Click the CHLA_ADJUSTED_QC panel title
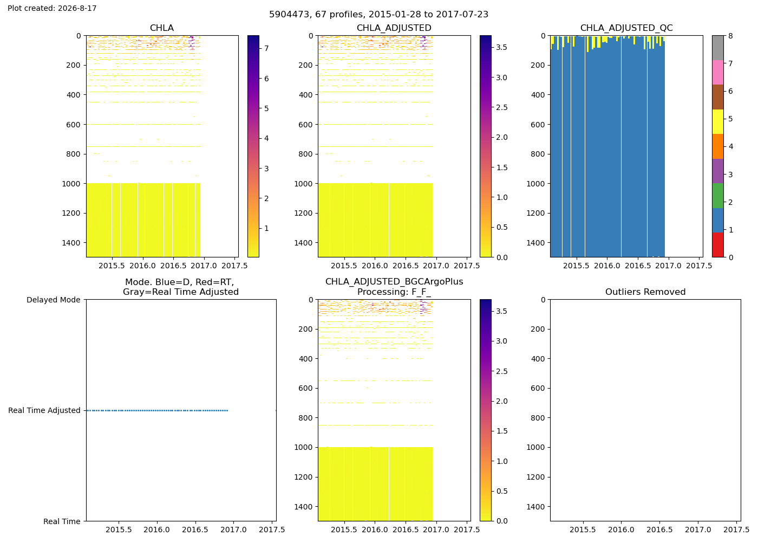[x=626, y=28]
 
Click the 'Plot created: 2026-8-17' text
[x=52, y=8]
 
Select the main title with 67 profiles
[x=378, y=14]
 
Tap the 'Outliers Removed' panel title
[x=645, y=292]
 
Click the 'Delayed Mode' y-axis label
[x=54, y=300]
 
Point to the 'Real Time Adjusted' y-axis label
[x=44, y=410]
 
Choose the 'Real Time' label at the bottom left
[x=62, y=521]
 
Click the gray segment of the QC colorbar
[x=718, y=48]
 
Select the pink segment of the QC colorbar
[x=718, y=73]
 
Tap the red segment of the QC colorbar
[x=718, y=245]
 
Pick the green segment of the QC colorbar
[x=718, y=196]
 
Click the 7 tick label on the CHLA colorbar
[x=266, y=48]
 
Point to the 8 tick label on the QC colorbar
[x=731, y=36]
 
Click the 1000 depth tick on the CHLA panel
[x=71, y=184]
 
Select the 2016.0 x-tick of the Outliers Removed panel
[x=621, y=530]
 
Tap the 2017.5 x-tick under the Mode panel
[x=272, y=530]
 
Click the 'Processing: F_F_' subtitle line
[x=394, y=292]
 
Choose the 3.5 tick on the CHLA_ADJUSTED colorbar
[x=501, y=48]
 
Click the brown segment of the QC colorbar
[x=718, y=97]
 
